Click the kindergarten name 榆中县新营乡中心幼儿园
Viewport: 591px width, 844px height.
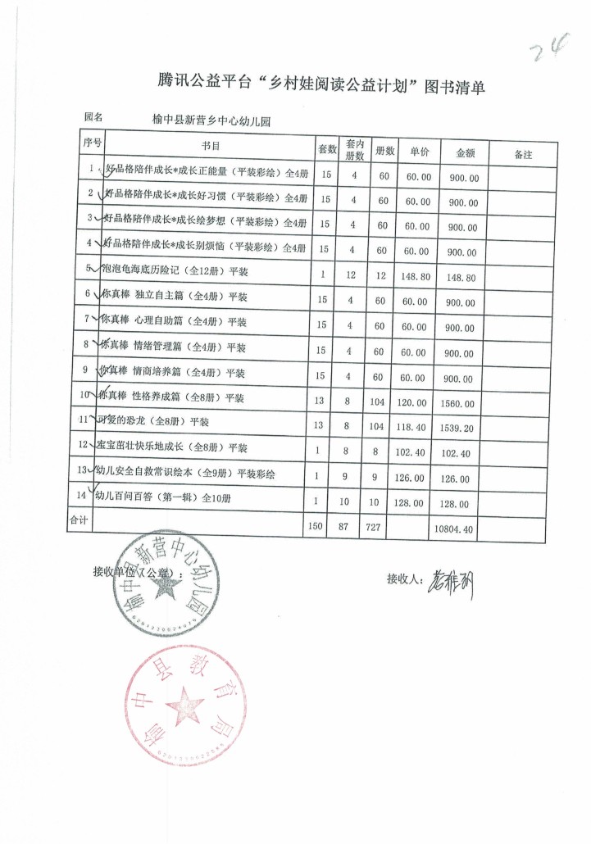click(211, 120)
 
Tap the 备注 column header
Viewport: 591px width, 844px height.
click(522, 154)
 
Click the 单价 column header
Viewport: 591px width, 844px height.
click(419, 152)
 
